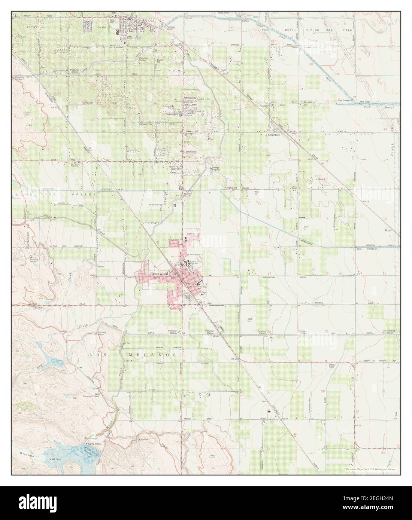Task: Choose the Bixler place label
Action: tap(388, 230)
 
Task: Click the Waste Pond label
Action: tap(223, 13)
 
